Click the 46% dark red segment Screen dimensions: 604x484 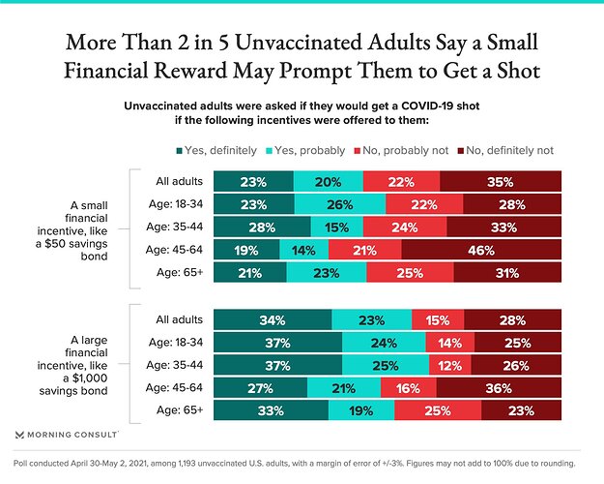(x=481, y=250)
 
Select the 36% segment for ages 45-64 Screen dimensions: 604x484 (x=499, y=387)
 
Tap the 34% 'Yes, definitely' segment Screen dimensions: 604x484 (x=273, y=319)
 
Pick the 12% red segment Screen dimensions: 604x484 (x=450, y=365)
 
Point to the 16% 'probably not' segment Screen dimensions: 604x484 (x=409, y=387)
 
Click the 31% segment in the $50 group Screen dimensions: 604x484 (x=507, y=272)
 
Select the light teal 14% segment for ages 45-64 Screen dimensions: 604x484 (x=303, y=250)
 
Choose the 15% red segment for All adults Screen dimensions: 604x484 (x=438, y=319)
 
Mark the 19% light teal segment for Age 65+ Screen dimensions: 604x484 (x=361, y=410)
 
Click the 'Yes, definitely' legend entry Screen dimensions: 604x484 (x=216, y=151)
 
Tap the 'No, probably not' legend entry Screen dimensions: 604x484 (x=401, y=151)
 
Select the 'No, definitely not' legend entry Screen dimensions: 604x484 (x=505, y=151)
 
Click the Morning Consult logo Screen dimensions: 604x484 (x=67, y=435)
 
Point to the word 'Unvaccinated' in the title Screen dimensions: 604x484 (x=299, y=42)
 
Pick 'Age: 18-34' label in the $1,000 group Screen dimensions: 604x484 (x=176, y=343)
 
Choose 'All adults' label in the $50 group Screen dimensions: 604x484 (x=179, y=181)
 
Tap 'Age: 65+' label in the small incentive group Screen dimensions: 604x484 (x=180, y=272)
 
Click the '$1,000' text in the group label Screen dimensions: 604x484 (x=90, y=378)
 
